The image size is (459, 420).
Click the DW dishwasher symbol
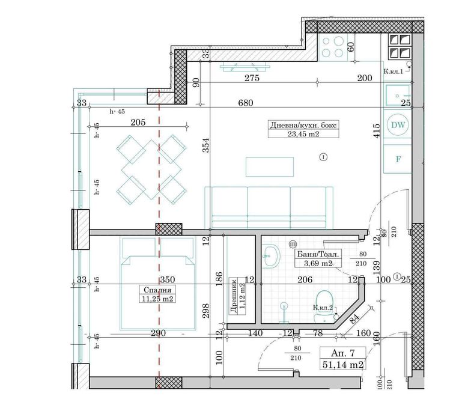click(397, 125)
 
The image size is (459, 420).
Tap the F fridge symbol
click(397, 159)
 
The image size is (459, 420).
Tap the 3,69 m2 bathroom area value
click(318, 263)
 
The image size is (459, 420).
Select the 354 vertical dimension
click(205, 151)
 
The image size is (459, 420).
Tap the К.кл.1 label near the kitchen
click(394, 72)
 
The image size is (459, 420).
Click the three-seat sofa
click(269, 207)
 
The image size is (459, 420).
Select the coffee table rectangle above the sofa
click(270, 166)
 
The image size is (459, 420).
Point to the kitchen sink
click(397, 95)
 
